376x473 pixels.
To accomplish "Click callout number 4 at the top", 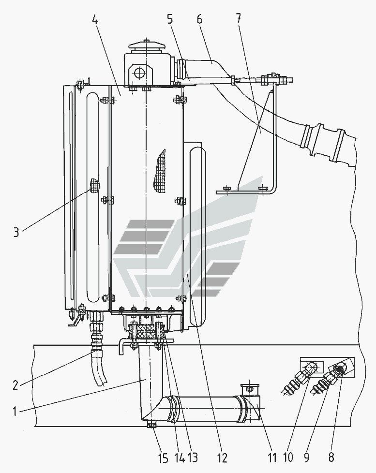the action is pyautogui.click(x=95, y=20).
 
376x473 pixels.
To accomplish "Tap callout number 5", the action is pyautogui.click(x=170, y=19).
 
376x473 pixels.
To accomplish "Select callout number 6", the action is pyautogui.click(x=199, y=19).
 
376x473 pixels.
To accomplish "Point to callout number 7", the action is pyautogui.click(x=239, y=18).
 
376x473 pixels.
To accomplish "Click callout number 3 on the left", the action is pyautogui.click(x=16, y=232).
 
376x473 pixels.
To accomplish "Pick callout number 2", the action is pyautogui.click(x=15, y=385).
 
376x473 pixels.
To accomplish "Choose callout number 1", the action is pyautogui.click(x=15, y=411).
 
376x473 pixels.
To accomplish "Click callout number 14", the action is pyautogui.click(x=179, y=458).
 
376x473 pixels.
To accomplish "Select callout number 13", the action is pyautogui.click(x=193, y=458).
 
